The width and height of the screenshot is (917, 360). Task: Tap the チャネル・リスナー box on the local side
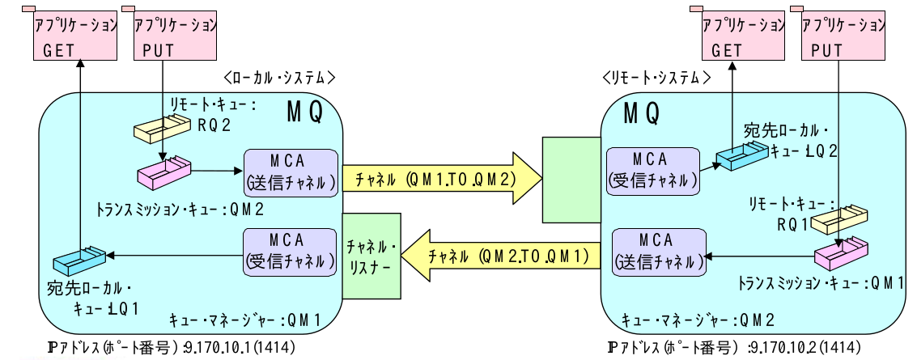click(371, 253)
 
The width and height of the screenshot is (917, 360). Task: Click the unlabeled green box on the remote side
click(570, 180)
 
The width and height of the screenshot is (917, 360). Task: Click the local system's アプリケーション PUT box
click(169, 36)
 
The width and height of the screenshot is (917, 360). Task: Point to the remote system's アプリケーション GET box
click(737, 36)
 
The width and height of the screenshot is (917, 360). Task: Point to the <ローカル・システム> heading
click(279, 78)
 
